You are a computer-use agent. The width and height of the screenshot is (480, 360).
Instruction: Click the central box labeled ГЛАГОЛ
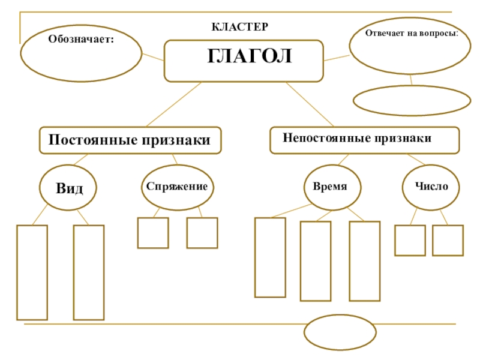(244, 61)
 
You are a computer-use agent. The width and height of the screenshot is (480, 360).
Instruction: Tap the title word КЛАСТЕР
(239, 28)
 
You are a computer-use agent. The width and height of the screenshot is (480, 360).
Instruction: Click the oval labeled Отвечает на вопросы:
(411, 45)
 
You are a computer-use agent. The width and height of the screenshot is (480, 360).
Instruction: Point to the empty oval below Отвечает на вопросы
(412, 100)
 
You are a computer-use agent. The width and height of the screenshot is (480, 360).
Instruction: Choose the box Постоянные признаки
(130, 140)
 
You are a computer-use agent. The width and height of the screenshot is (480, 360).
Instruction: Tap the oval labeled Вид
(70, 188)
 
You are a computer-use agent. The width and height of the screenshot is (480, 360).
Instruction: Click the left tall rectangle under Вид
(32, 272)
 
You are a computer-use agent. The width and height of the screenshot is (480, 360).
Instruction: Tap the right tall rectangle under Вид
(89, 272)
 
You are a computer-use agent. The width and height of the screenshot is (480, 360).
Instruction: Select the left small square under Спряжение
(153, 233)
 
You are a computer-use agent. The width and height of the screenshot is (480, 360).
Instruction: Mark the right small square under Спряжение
(202, 233)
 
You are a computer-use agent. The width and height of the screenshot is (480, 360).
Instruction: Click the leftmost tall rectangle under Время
(270, 257)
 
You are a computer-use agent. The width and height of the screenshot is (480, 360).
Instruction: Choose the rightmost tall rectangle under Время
(365, 261)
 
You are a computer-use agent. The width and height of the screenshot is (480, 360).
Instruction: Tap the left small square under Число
(410, 240)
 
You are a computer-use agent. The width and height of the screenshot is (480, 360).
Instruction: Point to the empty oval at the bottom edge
(340, 332)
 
